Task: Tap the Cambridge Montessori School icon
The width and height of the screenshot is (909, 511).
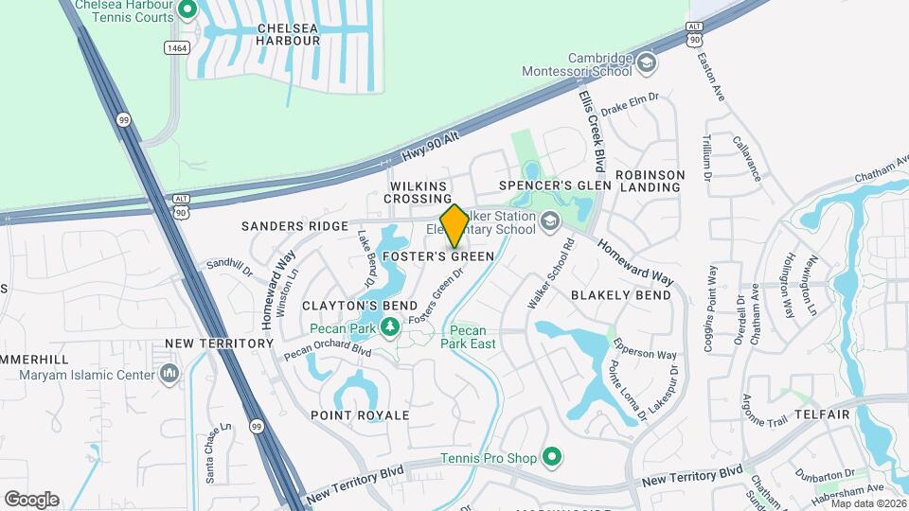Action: [x=647, y=63]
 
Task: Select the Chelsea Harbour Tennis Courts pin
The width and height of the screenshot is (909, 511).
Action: [x=187, y=10]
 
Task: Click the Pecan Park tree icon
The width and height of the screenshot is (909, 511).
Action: [x=389, y=327]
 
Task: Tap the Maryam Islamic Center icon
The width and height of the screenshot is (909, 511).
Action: [x=169, y=375]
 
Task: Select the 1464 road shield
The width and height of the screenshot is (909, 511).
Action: [x=175, y=47]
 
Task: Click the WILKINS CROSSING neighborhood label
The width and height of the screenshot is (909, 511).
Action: [x=418, y=192]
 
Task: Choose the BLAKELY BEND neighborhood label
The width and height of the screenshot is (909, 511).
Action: [x=621, y=295]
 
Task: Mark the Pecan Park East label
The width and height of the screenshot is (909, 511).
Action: [x=464, y=337]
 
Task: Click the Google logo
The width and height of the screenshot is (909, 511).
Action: [x=31, y=499]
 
